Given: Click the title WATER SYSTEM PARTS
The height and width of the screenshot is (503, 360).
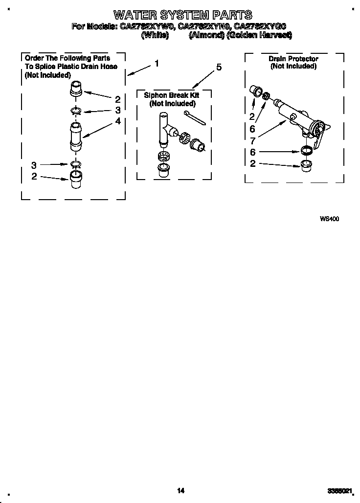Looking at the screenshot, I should [183, 15].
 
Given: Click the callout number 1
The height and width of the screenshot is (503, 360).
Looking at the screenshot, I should [157, 63].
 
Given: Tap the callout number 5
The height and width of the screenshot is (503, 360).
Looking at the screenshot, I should [219, 68].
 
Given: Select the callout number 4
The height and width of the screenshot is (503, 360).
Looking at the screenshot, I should [118, 120].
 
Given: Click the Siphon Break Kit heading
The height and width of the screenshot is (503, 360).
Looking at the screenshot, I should [172, 95].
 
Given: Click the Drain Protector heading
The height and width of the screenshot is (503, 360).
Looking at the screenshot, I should [293, 59].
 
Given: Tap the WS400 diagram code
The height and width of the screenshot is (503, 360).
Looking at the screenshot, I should [329, 219].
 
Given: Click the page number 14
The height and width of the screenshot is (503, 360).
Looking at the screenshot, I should [180, 490].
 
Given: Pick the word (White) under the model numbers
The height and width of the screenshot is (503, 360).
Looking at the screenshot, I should [155, 35].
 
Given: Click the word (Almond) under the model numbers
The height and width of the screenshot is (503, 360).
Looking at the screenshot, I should [205, 35].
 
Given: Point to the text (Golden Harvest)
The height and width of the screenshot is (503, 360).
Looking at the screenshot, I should [259, 35].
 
